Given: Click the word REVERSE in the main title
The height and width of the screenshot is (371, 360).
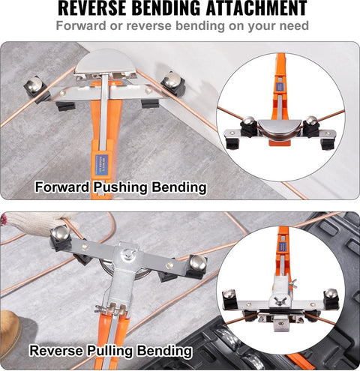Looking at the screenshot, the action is click(x=92, y=8).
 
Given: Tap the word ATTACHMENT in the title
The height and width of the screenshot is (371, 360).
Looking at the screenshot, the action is click(x=256, y=8).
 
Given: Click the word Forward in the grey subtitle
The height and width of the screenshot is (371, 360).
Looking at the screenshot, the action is click(x=81, y=25).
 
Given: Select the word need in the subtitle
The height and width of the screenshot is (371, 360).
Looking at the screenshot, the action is click(x=294, y=25).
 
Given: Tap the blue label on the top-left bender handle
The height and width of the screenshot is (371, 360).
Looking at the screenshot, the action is click(x=102, y=164).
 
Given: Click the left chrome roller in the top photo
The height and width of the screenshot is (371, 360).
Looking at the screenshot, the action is click(x=34, y=84).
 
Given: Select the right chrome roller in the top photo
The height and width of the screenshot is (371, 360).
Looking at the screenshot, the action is click(x=172, y=80).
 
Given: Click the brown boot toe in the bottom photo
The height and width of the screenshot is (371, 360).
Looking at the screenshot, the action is click(x=10, y=331).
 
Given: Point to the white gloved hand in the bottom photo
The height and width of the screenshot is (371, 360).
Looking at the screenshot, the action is click(x=37, y=223).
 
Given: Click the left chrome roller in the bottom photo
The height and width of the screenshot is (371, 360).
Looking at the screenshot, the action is click(x=60, y=233).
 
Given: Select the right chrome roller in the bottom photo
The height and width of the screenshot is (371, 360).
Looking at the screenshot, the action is click(x=198, y=262).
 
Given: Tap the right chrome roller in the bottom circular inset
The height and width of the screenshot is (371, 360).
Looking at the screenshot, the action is click(x=330, y=294).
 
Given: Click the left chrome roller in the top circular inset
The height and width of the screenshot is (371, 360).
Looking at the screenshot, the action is click(x=248, y=121).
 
